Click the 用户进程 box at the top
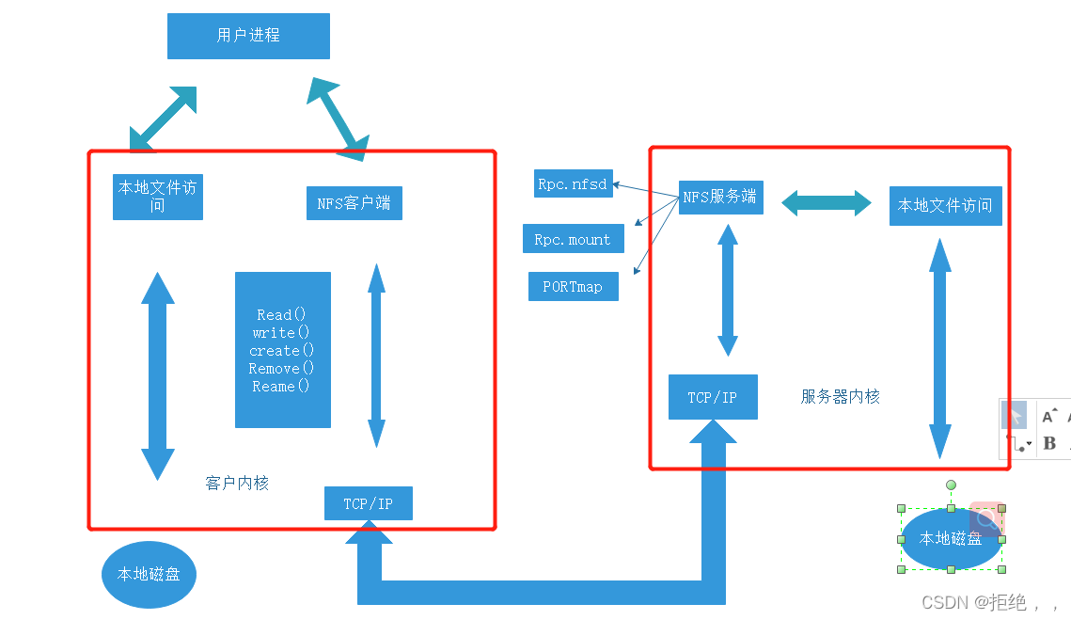click(x=248, y=36)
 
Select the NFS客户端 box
click(x=354, y=202)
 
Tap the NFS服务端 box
click(x=720, y=197)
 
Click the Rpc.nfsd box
click(x=573, y=184)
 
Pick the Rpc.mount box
click(x=572, y=239)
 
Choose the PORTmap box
click(x=573, y=286)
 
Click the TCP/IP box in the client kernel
click(x=368, y=503)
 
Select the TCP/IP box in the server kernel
click(x=712, y=397)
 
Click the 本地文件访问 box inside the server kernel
click(x=945, y=205)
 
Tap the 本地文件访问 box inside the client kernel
click(x=157, y=196)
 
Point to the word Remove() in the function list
click(x=281, y=368)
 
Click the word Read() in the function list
click(x=281, y=314)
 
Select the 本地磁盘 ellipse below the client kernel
click(x=149, y=573)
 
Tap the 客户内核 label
click(x=237, y=483)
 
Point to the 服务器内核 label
click(x=840, y=396)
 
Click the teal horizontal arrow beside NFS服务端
click(x=827, y=200)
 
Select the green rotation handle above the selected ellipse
click(x=951, y=485)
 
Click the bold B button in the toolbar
click(x=1049, y=442)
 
